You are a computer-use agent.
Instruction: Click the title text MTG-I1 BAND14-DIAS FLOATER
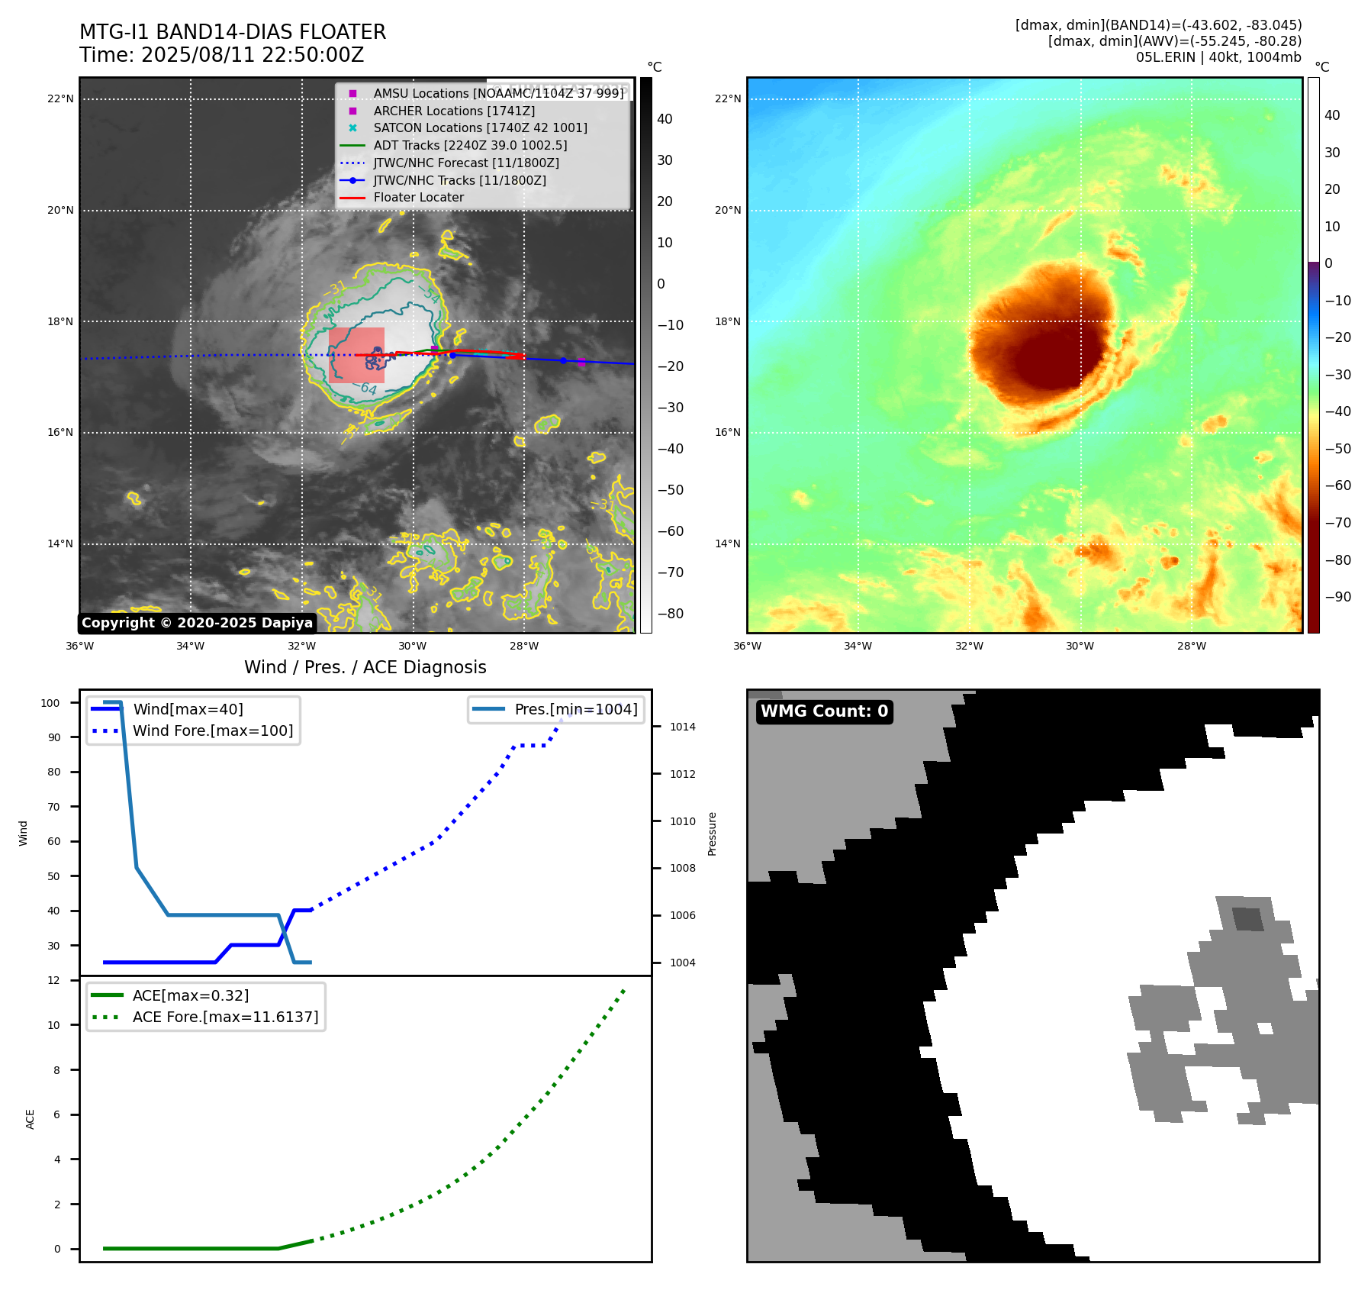pyautogui.click(x=233, y=32)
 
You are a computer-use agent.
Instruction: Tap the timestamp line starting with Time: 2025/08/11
pyautogui.click(x=221, y=55)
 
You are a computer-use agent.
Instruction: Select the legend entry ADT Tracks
pyautogui.click(x=470, y=145)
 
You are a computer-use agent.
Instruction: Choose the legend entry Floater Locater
pyautogui.click(x=418, y=197)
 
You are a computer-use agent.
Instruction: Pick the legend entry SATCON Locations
pyautogui.click(x=480, y=127)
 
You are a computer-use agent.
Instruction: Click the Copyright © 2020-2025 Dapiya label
pyautogui.click(x=197, y=623)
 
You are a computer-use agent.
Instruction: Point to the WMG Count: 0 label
pyautogui.click(x=824, y=711)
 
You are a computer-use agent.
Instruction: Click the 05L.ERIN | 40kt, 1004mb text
pyautogui.click(x=1218, y=57)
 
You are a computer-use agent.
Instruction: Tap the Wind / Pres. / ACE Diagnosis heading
pyautogui.click(x=365, y=667)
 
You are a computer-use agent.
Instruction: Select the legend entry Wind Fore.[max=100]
pyautogui.click(x=213, y=730)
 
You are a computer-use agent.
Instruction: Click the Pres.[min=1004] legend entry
pyautogui.click(x=575, y=709)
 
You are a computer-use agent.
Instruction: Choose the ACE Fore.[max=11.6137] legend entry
pyautogui.click(x=225, y=1017)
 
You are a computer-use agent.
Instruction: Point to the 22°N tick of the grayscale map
pyautogui.click(x=60, y=98)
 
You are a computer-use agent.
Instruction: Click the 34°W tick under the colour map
pyautogui.click(x=858, y=646)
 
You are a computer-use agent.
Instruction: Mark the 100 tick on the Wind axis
pyautogui.click(x=50, y=703)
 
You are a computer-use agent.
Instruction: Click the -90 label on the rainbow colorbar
pyautogui.click(x=1337, y=597)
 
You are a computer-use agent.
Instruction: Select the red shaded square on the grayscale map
pyautogui.click(x=356, y=355)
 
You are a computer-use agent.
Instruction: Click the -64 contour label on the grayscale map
pyautogui.click(x=367, y=389)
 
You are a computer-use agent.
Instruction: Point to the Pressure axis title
pyautogui.click(x=712, y=834)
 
